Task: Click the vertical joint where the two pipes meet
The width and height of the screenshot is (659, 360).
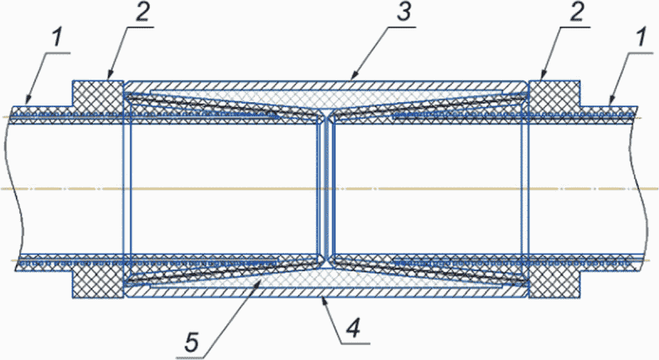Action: [326, 189]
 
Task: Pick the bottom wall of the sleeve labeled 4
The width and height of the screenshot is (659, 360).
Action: [327, 294]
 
